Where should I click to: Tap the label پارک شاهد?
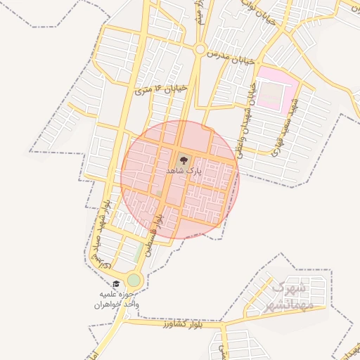184,171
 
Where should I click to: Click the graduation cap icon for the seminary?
116,284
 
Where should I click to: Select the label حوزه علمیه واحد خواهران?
117,300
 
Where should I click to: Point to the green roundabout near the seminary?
134,281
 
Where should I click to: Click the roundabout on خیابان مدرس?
200,50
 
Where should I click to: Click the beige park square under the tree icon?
184,163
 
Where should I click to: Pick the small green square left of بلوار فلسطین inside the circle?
159,193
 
